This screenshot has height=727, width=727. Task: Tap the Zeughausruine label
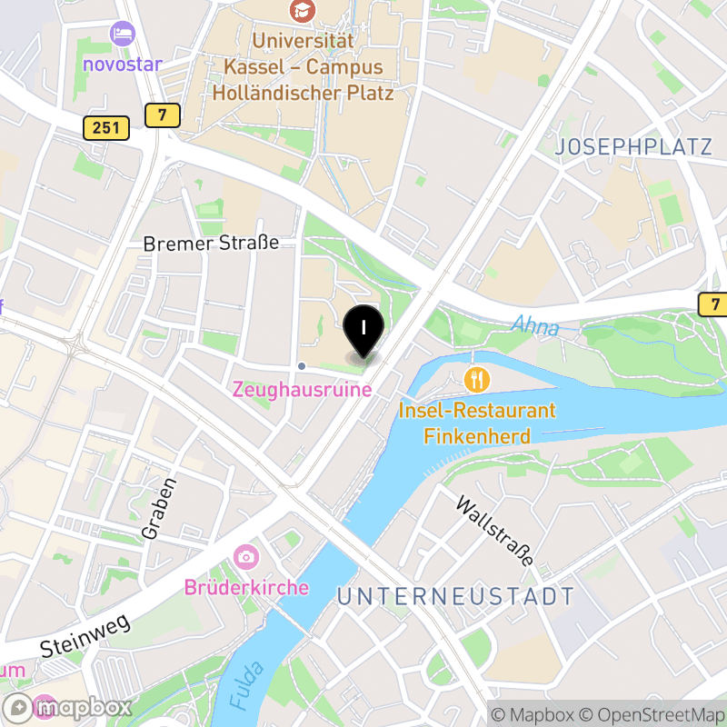[x=303, y=389]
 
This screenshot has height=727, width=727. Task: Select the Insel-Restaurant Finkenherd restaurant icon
[x=477, y=377]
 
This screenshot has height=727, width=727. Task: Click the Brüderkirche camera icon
[x=245, y=556]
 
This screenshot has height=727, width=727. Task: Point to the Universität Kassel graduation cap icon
[x=298, y=11]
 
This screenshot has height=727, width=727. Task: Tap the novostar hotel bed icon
[x=121, y=35]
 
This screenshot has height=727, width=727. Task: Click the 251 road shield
[x=106, y=128]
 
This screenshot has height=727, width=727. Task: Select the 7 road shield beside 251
[x=162, y=115]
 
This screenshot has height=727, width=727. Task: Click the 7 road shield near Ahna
[x=714, y=304]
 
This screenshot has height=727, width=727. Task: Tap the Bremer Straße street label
[x=211, y=244]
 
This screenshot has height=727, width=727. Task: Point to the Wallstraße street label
[x=494, y=532]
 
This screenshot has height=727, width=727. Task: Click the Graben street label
[x=154, y=507]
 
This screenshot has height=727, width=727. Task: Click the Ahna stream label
[x=534, y=325]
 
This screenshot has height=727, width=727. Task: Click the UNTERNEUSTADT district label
[x=455, y=596]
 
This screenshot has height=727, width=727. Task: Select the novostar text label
[x=122, y=65]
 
